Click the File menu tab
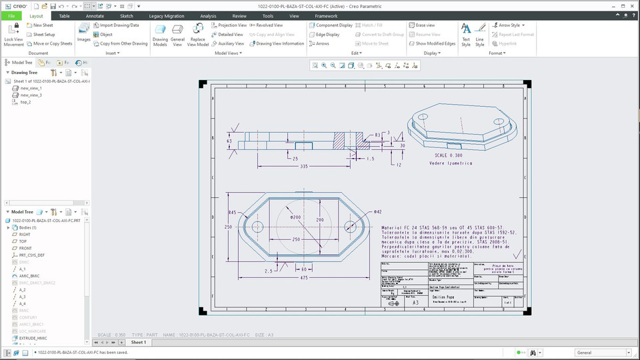[11, 15]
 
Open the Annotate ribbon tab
[95, 15]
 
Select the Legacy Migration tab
[166, 15]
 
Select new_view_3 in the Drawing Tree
[31, 95]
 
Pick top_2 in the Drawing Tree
[25, 102]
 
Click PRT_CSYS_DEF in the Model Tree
[32, 255]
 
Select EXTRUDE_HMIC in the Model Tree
[33, 338]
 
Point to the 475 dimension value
[303, 277]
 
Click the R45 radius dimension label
[233, 213]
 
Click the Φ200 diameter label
[295, 217]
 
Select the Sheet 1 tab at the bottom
[138, 342]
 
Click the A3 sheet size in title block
[415, 302]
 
